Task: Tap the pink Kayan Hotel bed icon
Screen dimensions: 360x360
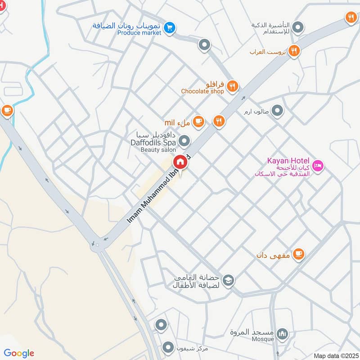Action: [318, 166]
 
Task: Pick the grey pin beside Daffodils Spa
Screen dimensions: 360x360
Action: [184, 142]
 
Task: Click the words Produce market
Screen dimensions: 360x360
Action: [139, 33]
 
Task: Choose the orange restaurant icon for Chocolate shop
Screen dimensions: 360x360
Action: [232, 86]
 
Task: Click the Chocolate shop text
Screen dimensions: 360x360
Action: [202, 91]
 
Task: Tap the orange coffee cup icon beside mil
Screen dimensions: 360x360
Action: [198, 121]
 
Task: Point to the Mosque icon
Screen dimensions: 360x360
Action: [282, 334]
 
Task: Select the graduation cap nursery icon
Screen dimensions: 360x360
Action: [229, 280]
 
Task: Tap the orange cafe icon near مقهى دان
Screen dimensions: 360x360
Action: [298, 255]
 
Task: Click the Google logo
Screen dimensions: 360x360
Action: [19, 353]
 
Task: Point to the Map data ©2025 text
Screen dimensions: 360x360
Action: [335, 356]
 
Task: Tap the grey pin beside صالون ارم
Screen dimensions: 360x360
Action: [278, 110]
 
